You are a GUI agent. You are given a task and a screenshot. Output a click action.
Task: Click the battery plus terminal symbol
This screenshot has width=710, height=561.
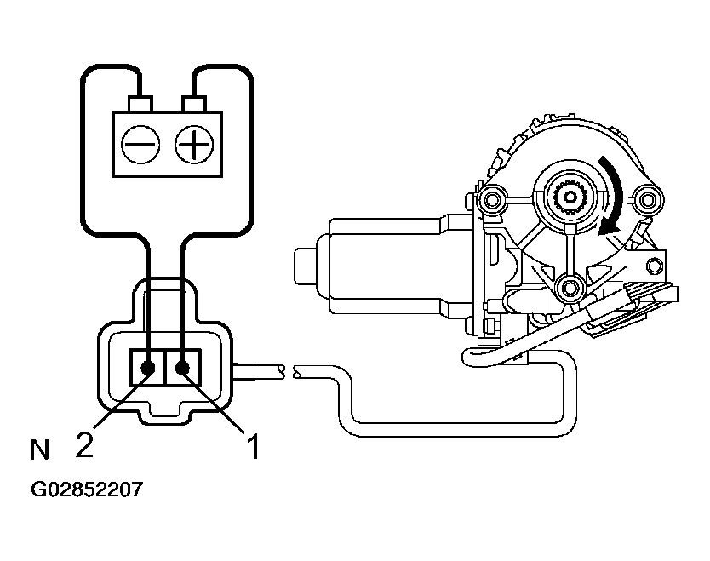click(x=194, y=145)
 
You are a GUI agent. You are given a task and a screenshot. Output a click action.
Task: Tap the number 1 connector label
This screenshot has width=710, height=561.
click(x=253, y=446)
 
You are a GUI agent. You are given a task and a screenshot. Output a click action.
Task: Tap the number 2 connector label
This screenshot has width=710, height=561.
click(x=83, y=445)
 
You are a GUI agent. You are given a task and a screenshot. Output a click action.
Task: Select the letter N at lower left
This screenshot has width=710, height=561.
click(x=39, y=449)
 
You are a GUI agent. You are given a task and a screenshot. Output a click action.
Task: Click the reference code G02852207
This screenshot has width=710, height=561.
click(x=87, y=490)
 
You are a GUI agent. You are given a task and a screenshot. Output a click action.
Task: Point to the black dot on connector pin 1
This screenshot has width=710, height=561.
click(x=182, y=368)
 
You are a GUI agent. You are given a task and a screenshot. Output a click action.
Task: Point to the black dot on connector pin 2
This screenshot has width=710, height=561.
click(x=148, y=368)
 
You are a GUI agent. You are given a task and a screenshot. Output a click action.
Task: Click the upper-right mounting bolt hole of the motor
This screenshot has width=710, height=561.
click(x=649, y=201)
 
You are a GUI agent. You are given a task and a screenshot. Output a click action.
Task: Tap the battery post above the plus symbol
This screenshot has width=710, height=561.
click(x=194, y=104)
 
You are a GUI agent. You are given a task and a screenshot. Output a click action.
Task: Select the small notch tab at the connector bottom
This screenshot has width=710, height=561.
click(x=165, y=415)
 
